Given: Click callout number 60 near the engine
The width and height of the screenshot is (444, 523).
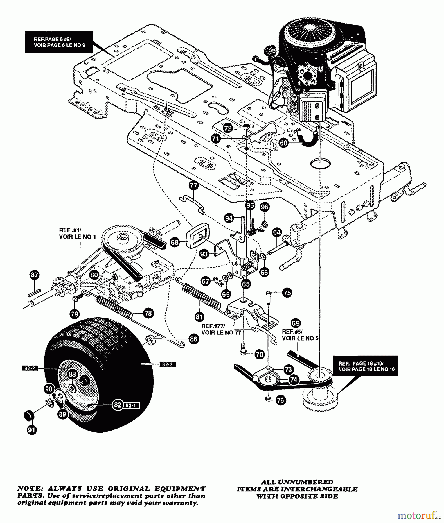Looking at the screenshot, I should (284, 143).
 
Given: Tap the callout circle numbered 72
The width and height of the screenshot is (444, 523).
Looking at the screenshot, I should (228, 128).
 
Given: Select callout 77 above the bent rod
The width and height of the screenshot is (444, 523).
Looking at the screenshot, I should (193, 185).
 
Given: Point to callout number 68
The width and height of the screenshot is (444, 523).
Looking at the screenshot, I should (175, 242).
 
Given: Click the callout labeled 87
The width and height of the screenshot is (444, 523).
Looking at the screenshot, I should (35, 275).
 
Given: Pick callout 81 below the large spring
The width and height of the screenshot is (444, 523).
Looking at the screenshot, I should (199, 316).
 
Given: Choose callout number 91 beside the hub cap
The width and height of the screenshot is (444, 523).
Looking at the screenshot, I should (32, 430).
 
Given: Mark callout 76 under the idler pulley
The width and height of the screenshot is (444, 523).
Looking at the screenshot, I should (281, 400).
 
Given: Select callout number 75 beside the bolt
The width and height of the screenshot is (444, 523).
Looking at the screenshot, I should (287, 293).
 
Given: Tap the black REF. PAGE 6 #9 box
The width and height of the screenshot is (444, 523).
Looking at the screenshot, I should (59, 42).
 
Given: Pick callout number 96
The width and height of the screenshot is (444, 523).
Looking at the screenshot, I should (264, 207).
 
